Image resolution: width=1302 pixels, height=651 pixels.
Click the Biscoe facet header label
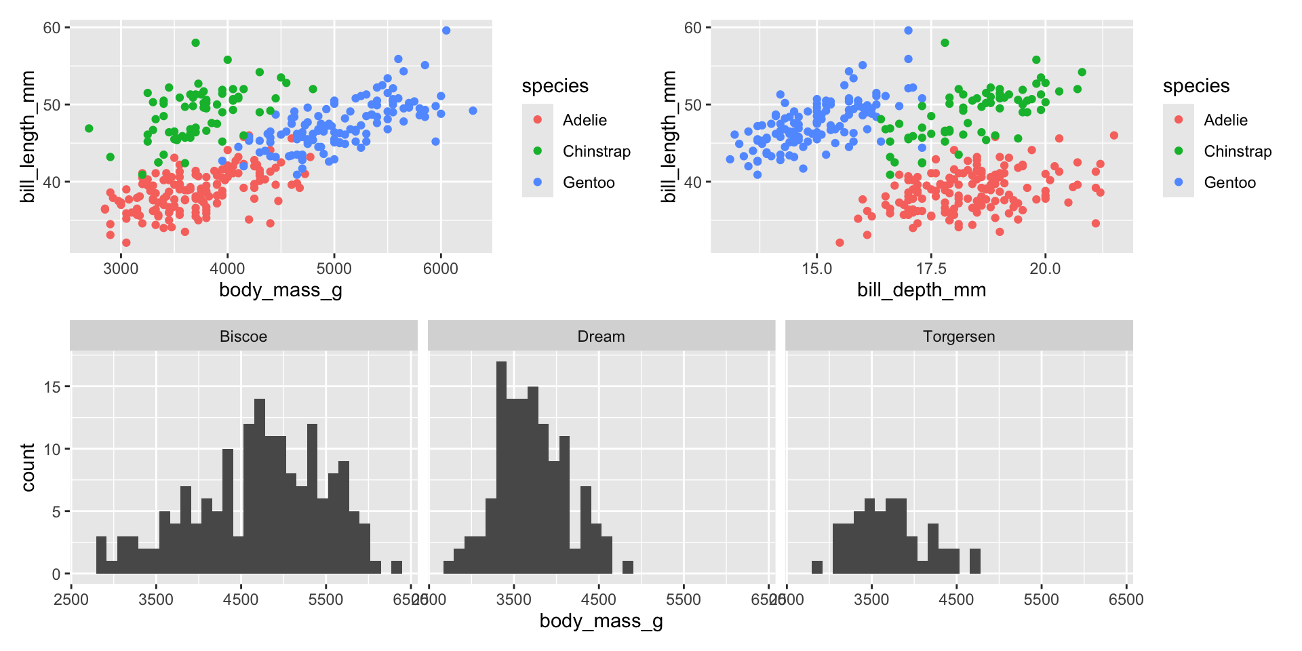click(243, 336)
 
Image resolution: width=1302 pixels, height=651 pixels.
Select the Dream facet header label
click(601, 336)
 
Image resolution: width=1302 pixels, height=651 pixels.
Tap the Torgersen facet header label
click(958, 336)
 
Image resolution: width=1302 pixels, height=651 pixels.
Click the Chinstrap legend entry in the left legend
click(596, 151)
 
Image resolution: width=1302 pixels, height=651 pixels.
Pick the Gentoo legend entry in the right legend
click(1229, 182)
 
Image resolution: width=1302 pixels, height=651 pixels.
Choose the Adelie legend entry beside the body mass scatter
click(585, 120)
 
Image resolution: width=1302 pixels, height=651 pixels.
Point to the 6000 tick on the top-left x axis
click(441, 269)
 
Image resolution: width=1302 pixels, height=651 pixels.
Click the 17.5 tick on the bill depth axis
click(930, 269)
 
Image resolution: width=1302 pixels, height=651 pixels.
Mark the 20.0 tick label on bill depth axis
click(1045, 269)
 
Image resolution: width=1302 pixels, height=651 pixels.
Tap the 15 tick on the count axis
click(52, 387)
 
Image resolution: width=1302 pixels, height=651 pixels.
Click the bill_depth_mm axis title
click(922, 290)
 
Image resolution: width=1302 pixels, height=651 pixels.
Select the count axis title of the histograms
click(28, 467)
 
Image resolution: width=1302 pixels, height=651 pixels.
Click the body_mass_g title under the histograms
click(601, 621)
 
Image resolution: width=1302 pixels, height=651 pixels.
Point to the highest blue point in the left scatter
click(446, 31)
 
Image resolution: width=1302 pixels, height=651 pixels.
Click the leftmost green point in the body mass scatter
click(89, 128)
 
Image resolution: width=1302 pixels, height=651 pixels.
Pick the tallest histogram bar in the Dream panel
click(502, 467)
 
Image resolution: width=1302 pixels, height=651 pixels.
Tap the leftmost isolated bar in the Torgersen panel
click(817, 567)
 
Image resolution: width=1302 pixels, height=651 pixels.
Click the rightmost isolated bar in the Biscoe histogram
click(397, 567)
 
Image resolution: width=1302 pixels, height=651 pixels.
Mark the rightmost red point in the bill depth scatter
click(1113, 136)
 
